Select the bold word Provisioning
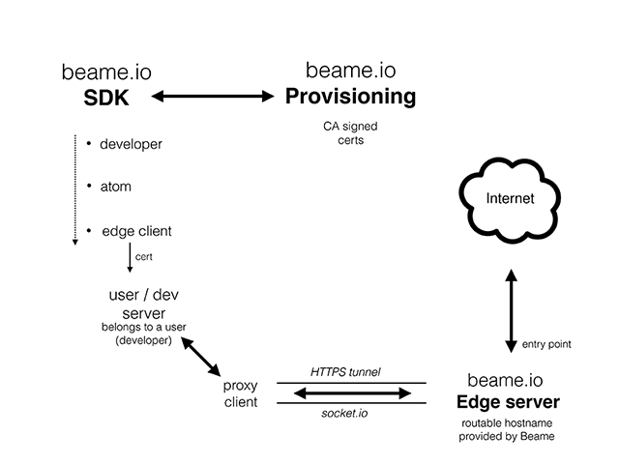coord(350,97)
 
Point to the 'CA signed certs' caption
coord(350,133)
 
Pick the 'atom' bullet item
coord(115,187)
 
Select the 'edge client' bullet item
coord(135,232)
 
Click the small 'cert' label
coord(142,257)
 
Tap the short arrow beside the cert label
coord(129,258)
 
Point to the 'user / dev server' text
coord(142,305)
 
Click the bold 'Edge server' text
coord(508,401)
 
